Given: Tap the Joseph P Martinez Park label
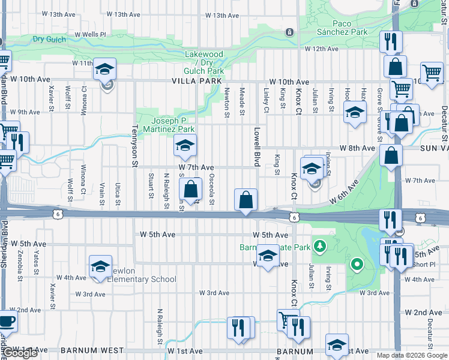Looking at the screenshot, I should pyautogui.click(x=168, y=124).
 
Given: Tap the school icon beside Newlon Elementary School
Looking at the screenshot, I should pyautogui.click(x=100, y=267).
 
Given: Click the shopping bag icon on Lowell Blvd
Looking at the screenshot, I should pyautogui.click(x=246, y=200).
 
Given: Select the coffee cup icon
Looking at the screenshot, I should pyautogui.click(x=7, y=321).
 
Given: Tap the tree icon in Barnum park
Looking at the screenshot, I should pyautogui.click(x=321, y=245).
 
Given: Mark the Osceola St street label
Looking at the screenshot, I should pyautogui.click(x=211, y=188).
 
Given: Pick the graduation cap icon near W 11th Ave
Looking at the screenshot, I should pyautogui.click(x=104, y=69).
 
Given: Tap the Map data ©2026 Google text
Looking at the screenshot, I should pyautogui.click(x=412, y=355).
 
